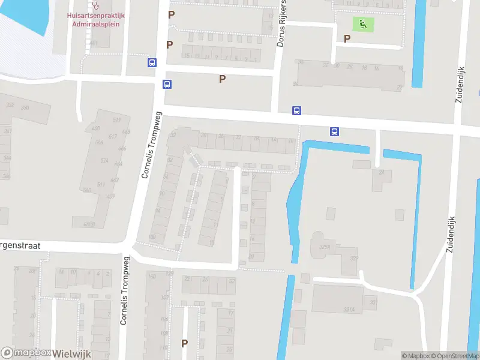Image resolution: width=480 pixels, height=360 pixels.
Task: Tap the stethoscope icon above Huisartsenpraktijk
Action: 95,5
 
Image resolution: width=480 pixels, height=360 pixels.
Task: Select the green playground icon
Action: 363,25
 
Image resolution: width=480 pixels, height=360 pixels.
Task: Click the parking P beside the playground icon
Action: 347,38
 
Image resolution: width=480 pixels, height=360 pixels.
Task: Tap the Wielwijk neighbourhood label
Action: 71,353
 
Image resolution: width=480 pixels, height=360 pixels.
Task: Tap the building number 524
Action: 103,161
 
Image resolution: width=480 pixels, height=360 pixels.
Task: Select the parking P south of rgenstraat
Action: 184,344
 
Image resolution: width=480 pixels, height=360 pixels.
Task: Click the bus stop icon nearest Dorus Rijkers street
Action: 296,110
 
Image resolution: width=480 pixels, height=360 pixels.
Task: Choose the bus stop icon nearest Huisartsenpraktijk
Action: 152,62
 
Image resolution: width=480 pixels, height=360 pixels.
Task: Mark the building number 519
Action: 116,120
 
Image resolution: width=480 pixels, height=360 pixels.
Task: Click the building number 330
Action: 25,107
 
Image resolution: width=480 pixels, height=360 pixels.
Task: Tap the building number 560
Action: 87,190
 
